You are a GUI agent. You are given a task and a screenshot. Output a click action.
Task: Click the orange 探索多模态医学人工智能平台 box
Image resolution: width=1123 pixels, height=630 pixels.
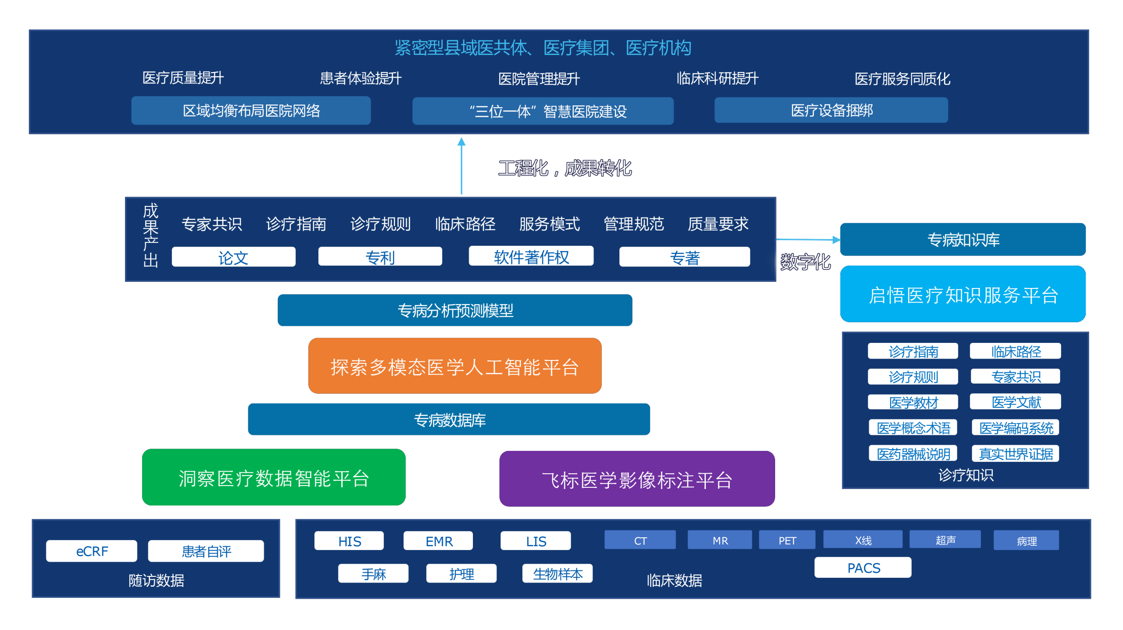455,366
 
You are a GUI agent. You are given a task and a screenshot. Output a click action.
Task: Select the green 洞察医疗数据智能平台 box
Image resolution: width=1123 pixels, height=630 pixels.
274,477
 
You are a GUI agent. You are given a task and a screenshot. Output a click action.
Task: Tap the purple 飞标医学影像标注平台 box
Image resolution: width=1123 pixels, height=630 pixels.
637,479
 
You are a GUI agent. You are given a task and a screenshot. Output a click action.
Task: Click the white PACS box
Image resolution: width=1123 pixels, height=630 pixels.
863,568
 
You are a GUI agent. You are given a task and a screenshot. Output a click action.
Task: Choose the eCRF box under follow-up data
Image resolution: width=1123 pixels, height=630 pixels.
92,551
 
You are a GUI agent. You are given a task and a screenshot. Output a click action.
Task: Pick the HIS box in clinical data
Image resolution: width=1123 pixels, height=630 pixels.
349,541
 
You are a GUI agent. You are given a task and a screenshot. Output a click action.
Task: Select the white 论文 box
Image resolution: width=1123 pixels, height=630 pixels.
233,257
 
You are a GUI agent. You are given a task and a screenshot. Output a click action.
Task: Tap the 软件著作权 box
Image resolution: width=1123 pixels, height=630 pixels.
531,256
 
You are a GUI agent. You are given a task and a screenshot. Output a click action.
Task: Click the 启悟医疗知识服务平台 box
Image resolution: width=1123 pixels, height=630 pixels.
963,294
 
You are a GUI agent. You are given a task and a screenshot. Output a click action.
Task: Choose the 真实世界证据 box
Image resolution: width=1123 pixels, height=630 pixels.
1016,454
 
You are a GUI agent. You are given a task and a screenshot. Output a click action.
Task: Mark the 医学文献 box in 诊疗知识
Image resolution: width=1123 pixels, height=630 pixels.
1016,402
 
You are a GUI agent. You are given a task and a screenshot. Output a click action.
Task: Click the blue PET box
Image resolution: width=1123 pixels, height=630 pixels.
787,540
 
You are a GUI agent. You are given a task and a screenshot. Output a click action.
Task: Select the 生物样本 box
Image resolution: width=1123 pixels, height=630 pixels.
558,573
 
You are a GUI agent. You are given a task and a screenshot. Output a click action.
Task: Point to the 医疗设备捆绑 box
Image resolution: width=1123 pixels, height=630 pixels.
831,110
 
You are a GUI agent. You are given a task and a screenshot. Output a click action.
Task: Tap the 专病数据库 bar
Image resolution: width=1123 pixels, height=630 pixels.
449,419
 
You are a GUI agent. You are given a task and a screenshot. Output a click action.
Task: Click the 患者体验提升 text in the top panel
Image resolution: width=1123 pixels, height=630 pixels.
361,78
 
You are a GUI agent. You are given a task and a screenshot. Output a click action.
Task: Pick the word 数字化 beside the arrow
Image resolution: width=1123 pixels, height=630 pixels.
805,262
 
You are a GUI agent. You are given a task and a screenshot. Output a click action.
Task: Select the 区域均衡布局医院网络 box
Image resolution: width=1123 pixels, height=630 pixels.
251,111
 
